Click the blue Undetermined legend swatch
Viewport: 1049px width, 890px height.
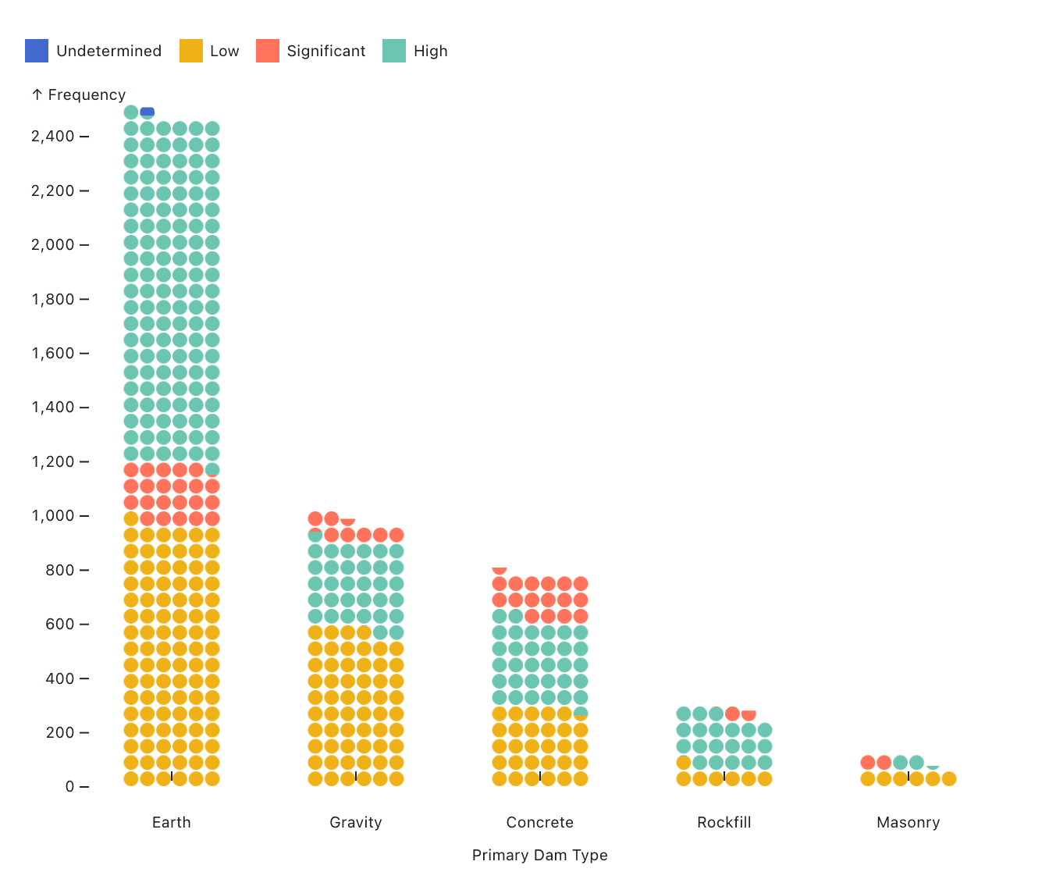(37, 51)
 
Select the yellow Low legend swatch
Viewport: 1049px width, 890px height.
(191, 51)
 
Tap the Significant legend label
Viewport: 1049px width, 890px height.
(325, 51)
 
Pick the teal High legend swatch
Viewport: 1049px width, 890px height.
(394, 51)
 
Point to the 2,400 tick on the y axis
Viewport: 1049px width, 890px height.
(52, 137)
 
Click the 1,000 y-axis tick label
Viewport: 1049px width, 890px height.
(52, 516)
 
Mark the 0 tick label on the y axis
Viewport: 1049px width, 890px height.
(70, 787)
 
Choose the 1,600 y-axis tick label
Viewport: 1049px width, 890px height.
(52, 354)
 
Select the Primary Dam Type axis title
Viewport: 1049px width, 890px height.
(539, 855)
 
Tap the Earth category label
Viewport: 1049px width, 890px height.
(171, 822)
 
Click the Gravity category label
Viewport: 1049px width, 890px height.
(355, 822)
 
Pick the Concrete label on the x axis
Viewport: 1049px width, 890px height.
(539, 822)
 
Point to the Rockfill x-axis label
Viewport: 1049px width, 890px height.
(724, 822)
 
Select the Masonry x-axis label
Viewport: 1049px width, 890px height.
(908, 822)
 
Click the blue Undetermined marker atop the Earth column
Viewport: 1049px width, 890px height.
(148, 112)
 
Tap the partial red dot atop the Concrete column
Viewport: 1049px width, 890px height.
(500, 570)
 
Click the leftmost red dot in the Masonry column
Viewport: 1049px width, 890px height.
(868, 763)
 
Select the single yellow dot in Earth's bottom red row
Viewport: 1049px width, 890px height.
(131, 519)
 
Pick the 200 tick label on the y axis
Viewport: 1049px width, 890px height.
(60, 732)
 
